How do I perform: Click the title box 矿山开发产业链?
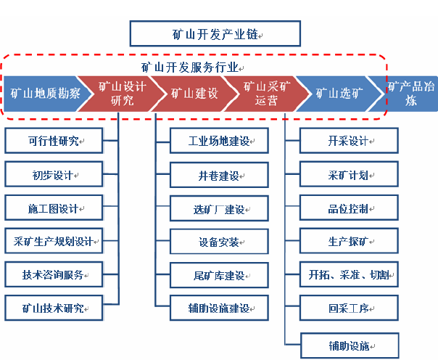215,33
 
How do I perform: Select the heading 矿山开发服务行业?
190,67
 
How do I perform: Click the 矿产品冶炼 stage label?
411,94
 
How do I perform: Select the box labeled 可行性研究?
54,141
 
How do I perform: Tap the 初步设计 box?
54,174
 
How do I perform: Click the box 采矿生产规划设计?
54,241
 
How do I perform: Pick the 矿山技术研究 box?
54,308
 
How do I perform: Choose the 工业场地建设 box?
219,141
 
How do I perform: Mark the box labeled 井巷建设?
219,175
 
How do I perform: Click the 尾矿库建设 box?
219,275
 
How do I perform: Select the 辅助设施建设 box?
219,308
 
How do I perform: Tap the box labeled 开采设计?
350,141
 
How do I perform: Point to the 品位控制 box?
350,208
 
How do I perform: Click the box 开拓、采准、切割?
350,274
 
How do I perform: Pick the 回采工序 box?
350,308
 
